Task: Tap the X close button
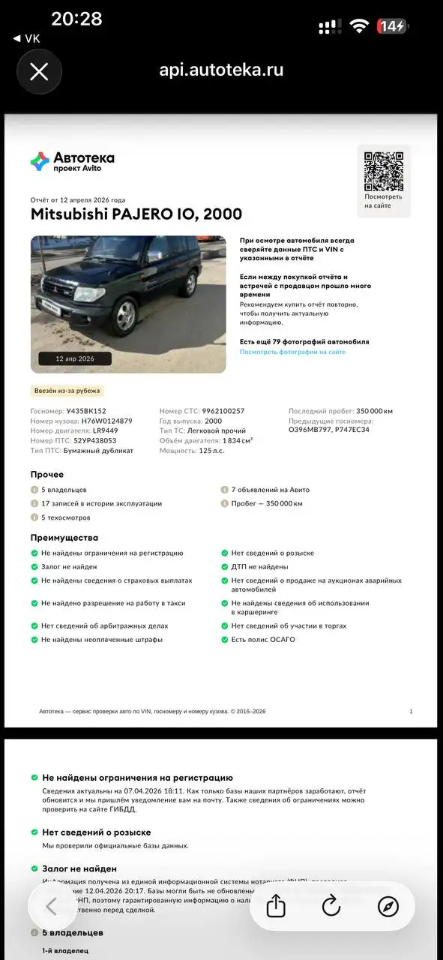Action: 38,72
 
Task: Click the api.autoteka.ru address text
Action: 221,70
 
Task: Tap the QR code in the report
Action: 383,171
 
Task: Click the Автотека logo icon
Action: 40,160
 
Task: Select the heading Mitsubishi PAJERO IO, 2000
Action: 136,214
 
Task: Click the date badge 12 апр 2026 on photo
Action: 75,358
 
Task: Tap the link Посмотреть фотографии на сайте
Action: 292,352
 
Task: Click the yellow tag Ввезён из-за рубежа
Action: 67,391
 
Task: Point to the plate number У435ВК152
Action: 86,411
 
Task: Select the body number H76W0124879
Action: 106,421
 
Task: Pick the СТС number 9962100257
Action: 223,411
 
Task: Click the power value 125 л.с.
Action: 212,450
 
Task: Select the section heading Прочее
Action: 46,475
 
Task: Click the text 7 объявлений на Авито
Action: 270,490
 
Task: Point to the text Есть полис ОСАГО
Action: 263,640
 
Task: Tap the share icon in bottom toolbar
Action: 276,906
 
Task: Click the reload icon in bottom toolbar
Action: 331,906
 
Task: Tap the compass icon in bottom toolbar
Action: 388,906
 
